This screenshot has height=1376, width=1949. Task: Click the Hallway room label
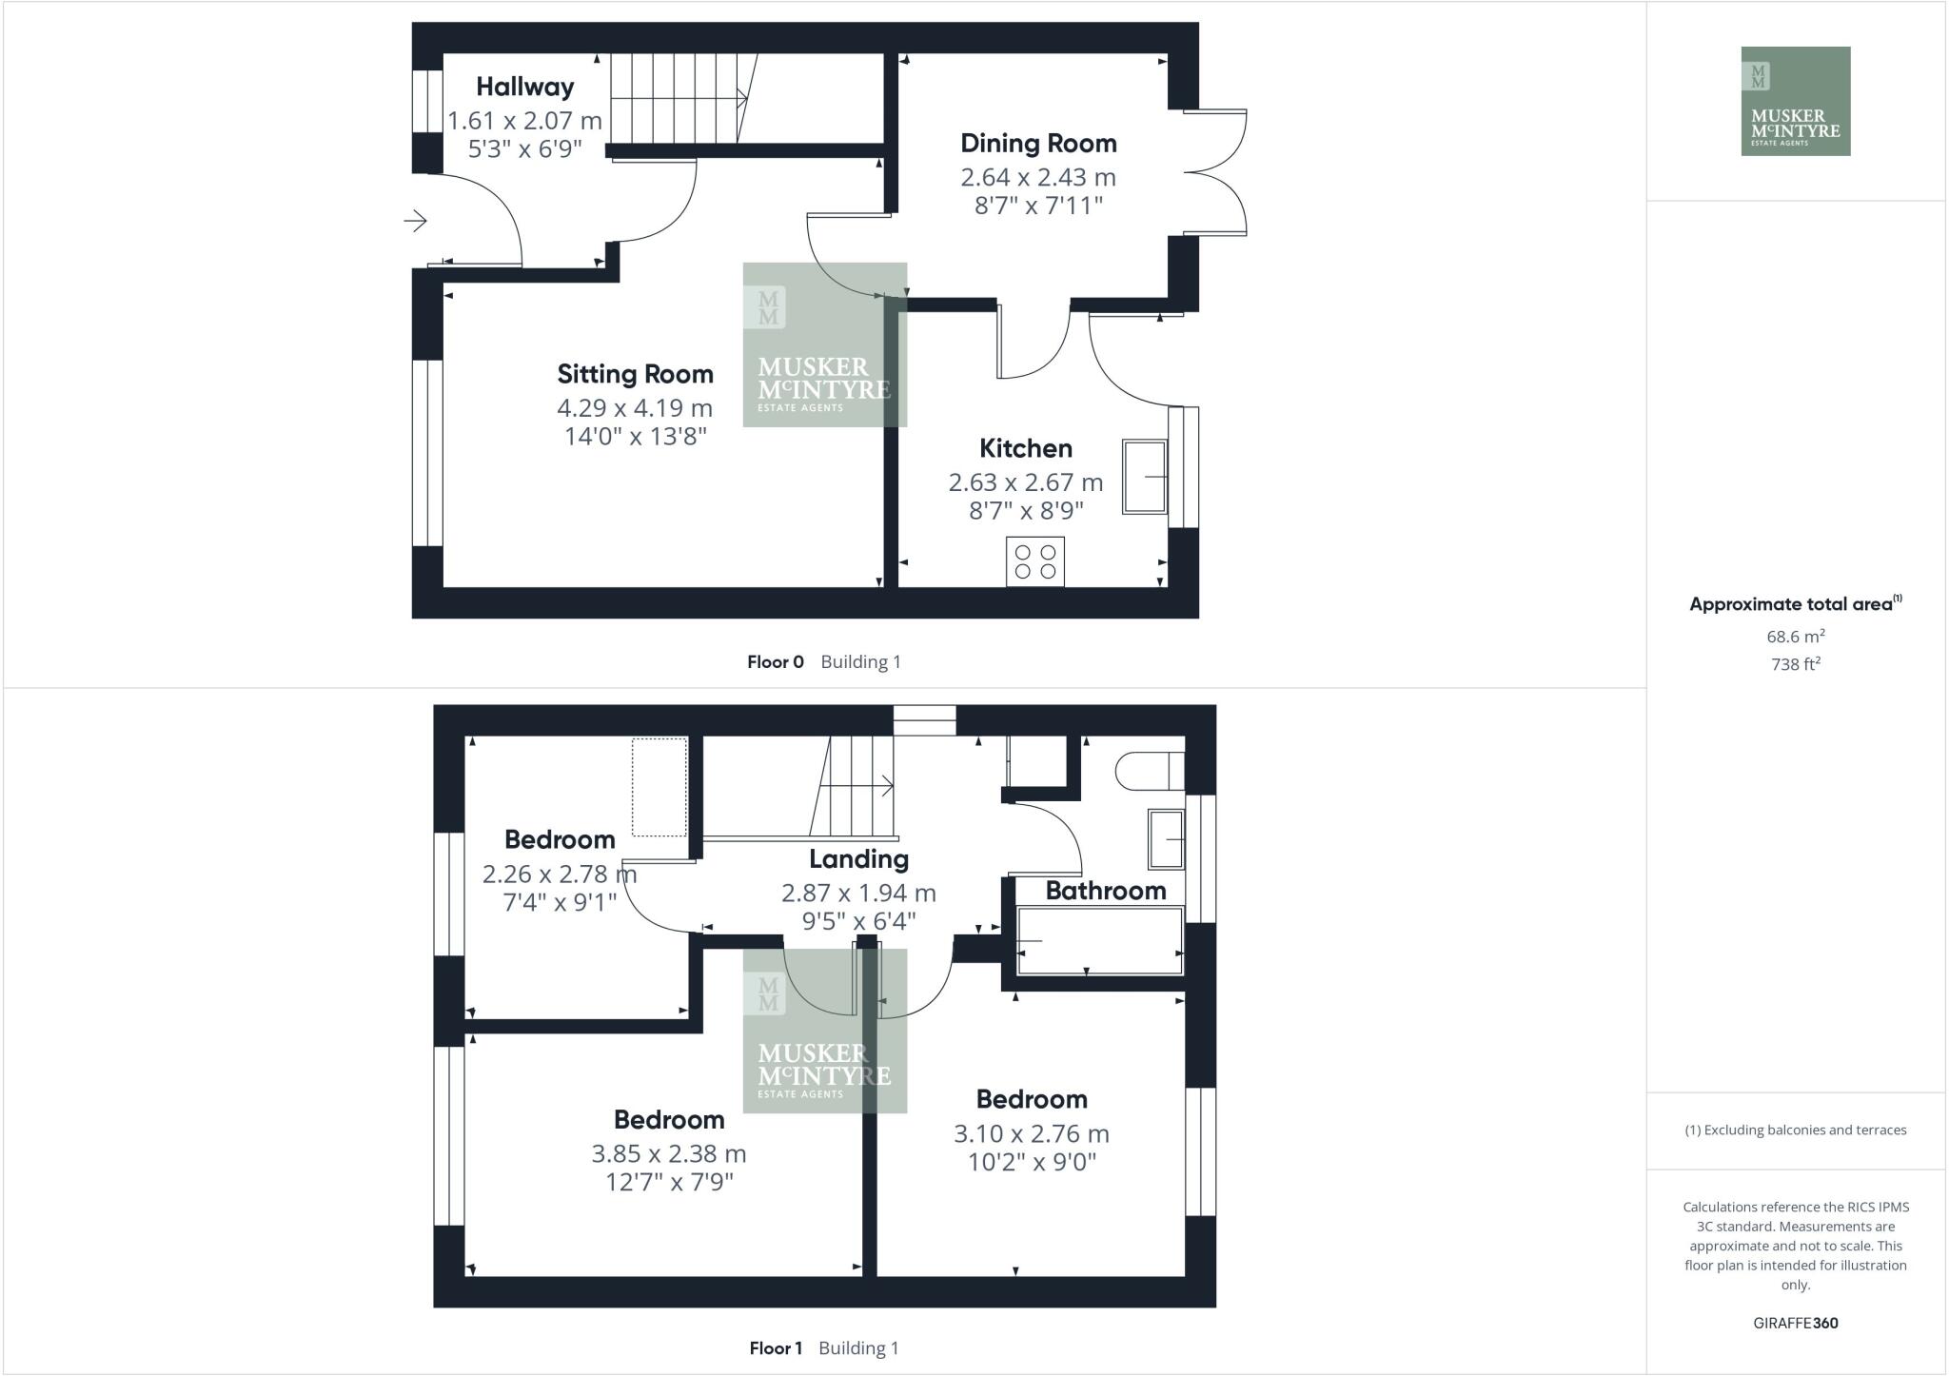524,88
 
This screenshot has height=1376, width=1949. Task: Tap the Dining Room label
1038,144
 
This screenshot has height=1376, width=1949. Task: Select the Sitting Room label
635,374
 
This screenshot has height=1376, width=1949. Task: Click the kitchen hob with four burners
1035,561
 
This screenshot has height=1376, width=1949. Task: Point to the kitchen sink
1145,476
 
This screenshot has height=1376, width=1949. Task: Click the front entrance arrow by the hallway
415,222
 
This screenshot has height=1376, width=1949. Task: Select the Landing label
858,859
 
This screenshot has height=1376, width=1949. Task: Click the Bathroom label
1105,891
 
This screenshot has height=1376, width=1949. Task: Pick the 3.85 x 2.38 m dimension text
668,1154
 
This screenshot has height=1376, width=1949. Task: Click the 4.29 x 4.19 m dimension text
635,408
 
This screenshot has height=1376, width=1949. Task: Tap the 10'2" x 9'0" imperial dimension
1032,1162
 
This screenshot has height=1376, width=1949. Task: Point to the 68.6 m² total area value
1795,636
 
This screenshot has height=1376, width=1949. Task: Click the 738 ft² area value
1795,664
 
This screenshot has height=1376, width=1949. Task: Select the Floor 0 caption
776,662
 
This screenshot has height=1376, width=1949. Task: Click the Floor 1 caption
776,1348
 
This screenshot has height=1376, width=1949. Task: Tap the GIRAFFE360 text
1795,1323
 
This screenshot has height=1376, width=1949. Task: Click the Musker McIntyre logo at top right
1795,101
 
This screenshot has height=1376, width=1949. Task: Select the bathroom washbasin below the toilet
1166,838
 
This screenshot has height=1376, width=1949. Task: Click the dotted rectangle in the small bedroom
660,787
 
